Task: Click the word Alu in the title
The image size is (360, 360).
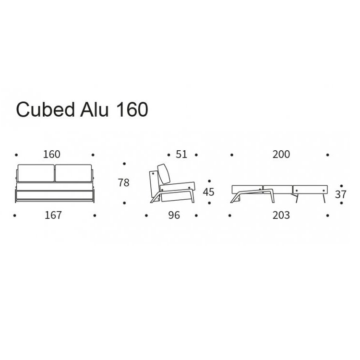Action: pos(97,109)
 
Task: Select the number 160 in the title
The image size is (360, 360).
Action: pos(131,109)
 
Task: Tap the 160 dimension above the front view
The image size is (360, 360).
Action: pos(51,155)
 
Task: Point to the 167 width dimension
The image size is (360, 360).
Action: pos(53,215)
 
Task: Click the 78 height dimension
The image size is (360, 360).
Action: pos(124,183)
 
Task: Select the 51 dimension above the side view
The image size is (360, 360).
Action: pos(181,155)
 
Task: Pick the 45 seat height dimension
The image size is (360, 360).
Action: pos(208,192)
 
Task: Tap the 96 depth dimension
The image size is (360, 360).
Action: pos(174,215)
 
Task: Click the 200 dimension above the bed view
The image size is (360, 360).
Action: pos(281,155)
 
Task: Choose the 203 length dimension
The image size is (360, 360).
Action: pos(281,215)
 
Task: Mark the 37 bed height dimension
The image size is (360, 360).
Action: pos(340,194)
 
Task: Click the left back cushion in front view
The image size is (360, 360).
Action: pos(36,173)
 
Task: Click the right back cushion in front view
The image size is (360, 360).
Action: pos(72,173)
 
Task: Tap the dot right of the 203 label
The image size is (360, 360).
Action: pos(328,216)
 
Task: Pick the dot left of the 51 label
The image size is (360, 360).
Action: pos(168,155)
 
